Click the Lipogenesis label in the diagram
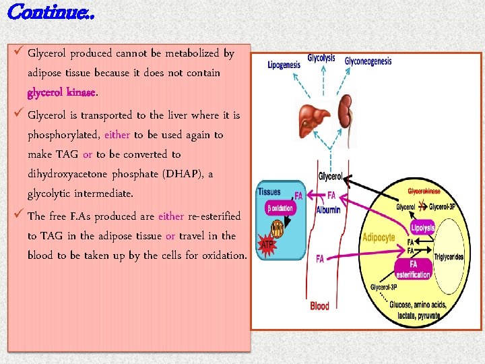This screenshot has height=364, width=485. pos(284,65)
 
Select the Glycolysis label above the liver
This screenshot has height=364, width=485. pos(321,58)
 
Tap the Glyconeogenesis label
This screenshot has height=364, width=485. pos(368,61)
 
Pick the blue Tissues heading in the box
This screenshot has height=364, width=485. pos(269,192)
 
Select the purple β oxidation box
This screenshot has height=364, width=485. pos(280,208)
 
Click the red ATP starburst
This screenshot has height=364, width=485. pos(267,244)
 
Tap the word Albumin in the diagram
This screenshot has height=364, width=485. pos(328,210)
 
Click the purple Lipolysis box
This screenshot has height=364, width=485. pos(422,228)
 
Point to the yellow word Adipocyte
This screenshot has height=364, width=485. pos(379,237)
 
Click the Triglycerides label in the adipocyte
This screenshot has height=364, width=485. pos(449,257)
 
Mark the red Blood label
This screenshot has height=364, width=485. pos(320,306)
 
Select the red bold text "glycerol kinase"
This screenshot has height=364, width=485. pos(62,92)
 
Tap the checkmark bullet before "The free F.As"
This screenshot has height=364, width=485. pos(18,215)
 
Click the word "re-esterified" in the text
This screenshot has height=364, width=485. pos(214,216)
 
